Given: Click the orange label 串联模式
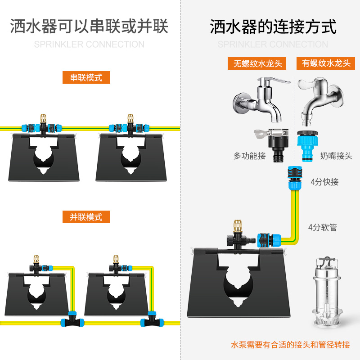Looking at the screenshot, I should pyautogui.click(x=86, y=77).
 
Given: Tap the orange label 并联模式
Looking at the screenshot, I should pyautogui.click(x=86, y=217).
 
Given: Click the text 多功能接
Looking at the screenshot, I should pyautogui.click(x=250, y=156).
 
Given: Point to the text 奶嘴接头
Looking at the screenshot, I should pyautogui.click(x=336, y=156).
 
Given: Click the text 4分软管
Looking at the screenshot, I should pyautogui.click(x=323, y=227).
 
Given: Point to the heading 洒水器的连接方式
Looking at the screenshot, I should pyautogui.click(x=273, y=27).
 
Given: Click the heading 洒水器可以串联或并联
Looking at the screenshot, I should pyautogui.click(x=89, y=27).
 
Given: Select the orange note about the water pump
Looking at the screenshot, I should pyautogui.click(x=290, y=345).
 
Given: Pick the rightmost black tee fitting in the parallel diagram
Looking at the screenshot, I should pyautogui.click(x=148, y=321).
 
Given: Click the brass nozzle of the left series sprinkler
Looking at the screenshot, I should pyautogui.click(x=44, y=119).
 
